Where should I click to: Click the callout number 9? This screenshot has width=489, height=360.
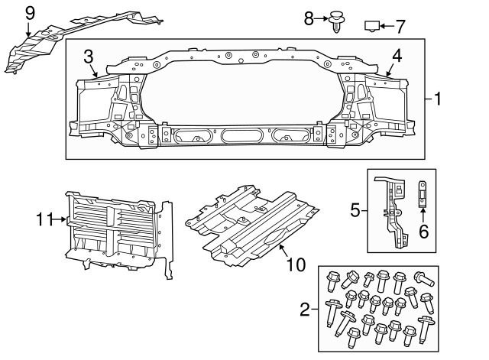tap(30, 14)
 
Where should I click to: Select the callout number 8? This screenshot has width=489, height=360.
tap(309, 18)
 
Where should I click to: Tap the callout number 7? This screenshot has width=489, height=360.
tap(400, 27)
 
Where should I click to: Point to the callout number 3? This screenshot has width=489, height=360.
tap(89, 57)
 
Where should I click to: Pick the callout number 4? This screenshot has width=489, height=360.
tap(397, 57)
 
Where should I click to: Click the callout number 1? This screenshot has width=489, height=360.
tap(438, 99)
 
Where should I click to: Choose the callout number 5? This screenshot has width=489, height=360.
tap(355, 210)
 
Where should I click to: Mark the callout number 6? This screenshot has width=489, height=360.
tap(423, 232)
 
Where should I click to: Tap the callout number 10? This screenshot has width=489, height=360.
tap(296, 265)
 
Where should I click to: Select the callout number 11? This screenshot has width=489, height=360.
tap(45, 219)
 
